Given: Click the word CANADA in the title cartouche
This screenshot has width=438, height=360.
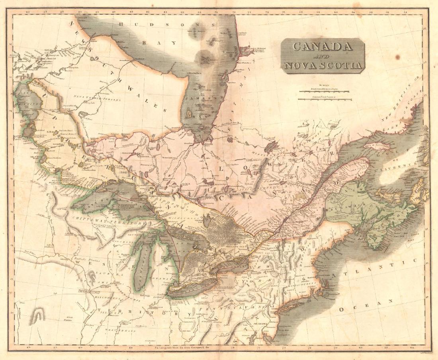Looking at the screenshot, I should pos(323,47).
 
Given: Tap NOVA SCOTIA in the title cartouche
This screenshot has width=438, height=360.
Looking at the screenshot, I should pos(323,65).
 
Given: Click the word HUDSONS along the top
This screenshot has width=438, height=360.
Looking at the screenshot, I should pos(168,25).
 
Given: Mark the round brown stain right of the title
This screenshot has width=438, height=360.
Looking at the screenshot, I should pos(397,57).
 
